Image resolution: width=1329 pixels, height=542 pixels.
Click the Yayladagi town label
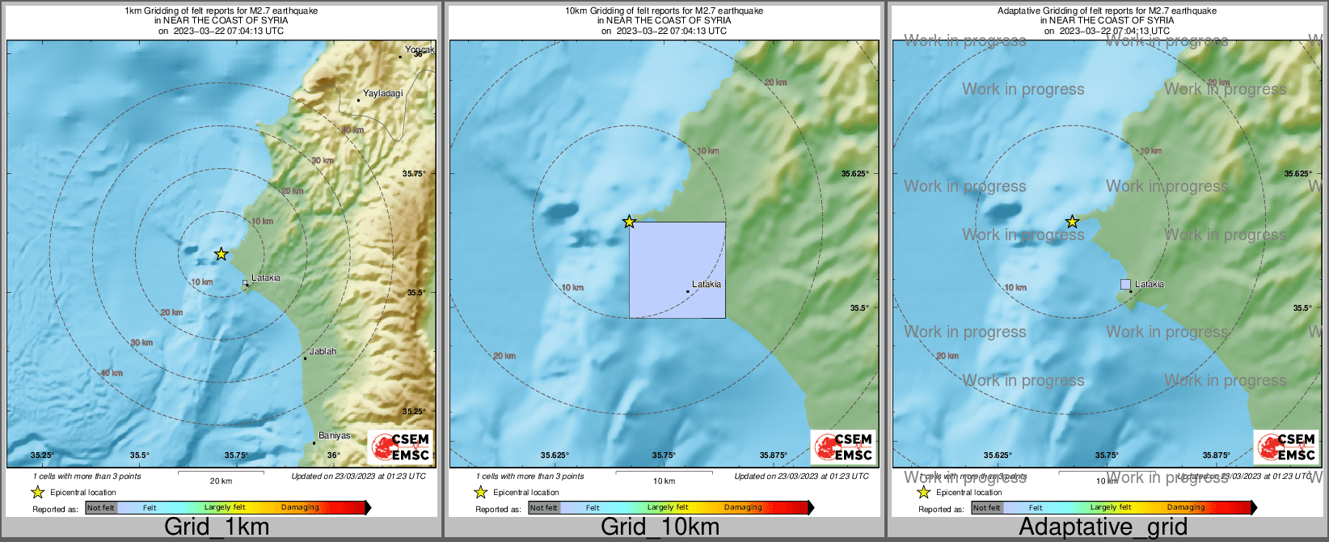[382, 94]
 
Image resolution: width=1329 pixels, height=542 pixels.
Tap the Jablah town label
[323, 352]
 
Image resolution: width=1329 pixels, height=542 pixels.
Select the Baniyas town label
[334, 436]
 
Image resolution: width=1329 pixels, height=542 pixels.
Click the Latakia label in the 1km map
[266, 278]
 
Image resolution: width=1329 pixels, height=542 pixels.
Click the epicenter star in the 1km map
[221, 254]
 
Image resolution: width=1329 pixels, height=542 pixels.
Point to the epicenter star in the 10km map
[629, 222]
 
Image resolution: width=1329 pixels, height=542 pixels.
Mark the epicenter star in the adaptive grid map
[1072, 222]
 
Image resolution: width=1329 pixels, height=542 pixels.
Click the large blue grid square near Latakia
[677, 269]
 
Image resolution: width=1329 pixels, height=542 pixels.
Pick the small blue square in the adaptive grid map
[1125, 284]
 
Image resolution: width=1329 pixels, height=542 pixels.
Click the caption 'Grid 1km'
[217, 527]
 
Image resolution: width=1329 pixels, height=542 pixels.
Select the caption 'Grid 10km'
[660, 527]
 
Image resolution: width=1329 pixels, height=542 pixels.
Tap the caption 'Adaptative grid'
[1103, 527]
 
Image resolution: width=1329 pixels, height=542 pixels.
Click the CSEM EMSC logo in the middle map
[843, 447]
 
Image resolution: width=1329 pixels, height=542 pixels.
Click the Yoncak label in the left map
[420, 50]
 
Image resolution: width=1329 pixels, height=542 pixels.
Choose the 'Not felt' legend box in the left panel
[101, 508]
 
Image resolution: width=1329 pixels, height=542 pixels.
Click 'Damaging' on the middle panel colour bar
[743, 508]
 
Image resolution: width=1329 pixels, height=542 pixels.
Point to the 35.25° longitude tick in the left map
[42, 455]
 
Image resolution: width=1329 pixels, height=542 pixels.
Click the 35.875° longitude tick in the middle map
[774, 455]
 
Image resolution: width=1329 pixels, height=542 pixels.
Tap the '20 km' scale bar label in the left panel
[221, 481]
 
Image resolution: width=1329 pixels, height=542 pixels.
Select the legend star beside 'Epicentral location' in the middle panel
[480, 492]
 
